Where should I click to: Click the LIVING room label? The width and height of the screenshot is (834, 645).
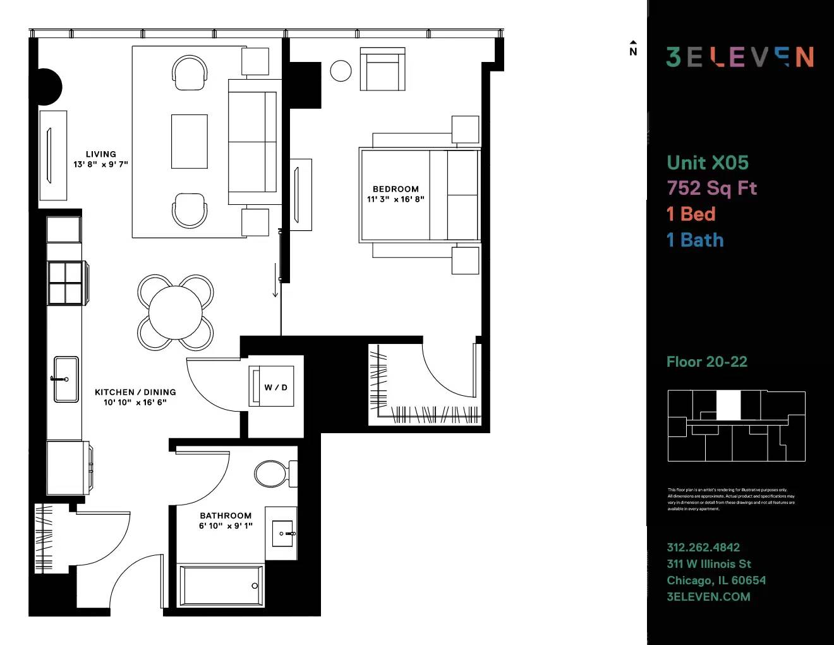[x=101, y=154]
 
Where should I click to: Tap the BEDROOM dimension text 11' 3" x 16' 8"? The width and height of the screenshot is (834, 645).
[x=396, y=199]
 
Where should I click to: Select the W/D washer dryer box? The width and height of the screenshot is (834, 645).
[x=275, y=387]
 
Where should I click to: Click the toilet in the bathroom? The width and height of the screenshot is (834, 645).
[x=272, y=473]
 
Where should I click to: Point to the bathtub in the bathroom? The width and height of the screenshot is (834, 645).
[x=220, y=585]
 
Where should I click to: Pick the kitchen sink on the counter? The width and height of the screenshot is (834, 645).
[x=66, y=379]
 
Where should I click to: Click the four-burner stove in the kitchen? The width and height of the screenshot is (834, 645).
[x=66, y=283]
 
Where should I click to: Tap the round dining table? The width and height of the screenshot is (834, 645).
[x=175, y=312]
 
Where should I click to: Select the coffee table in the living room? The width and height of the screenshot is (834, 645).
[x=190, y=142]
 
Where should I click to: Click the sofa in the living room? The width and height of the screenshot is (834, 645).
[x=253, y=142]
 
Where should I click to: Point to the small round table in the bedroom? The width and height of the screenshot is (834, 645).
[x=341, y=71]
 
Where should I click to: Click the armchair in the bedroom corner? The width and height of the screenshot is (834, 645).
[x=382, y=70]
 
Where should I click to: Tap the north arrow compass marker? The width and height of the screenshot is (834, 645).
[x=633, y=49]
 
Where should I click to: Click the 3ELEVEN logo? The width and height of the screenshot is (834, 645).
[x=740, y=57]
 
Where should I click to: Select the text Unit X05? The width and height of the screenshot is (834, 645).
[x=708, y=163]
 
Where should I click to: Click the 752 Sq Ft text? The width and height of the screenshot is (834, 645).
[x=712, y=188]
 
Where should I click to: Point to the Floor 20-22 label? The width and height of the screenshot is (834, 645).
[x=707, y=362]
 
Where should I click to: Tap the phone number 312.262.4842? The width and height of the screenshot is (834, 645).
[x=703, y=548]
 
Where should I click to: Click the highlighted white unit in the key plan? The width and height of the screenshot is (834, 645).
[x=728, y=405]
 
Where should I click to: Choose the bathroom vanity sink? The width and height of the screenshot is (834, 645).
[x=282, y=534]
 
